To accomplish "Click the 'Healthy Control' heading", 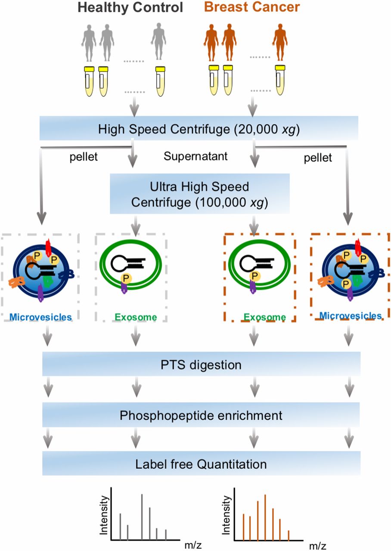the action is pyautogui.click(x=130, y=7).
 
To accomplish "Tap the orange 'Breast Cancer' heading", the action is pyautogui.click(x=252, y=7).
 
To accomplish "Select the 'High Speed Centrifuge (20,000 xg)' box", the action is pyautogui.click(x=199, y=128).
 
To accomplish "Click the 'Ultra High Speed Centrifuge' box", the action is pyautogui.click(x=199, y=194).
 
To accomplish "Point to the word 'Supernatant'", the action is pyautogui.click(x=195, y=156).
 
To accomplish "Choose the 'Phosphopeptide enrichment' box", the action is pyautogui.click(x=201, y=415).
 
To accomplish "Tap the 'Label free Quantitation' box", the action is pyautogui.click(x=201, y=464).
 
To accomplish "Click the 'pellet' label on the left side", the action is pyautogui.click(x=84, y=157).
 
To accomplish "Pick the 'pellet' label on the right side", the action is pyautogui.click(x=318, y=158).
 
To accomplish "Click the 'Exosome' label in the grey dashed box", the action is pyautogui.click(x=136, y=317).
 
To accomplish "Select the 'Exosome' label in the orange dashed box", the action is pyautogui.click(x=264, y=317).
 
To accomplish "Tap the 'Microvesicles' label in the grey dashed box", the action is pyautogui.click(x=40, y=317).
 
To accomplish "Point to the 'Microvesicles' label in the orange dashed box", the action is pyautogui.click(x=351, y=316).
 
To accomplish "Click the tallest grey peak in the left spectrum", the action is pyautogui.click(x=142, y=516).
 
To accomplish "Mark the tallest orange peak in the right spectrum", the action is pyautogui.click(x=265, y=517).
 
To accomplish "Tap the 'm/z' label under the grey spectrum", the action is pyautogui.click(x=193, y=545).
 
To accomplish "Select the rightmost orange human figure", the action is pyautogui.click(x=280, y=42).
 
